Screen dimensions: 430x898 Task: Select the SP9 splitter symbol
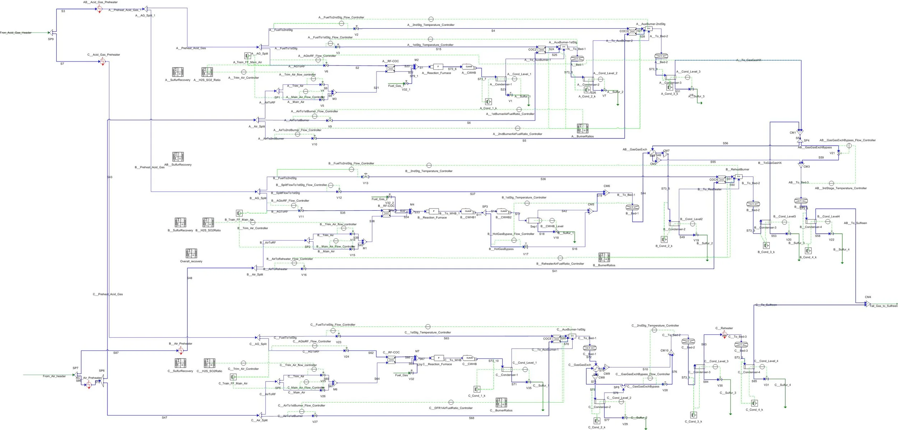(x=51, y=33)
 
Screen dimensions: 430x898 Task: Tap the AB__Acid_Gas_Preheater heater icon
(x=99, y=9)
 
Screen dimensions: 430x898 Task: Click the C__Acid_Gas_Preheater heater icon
(x=102, y=61)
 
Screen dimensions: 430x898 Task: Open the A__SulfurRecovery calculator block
(x=178, y=72)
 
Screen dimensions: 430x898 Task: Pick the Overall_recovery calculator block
(x=191, y=253)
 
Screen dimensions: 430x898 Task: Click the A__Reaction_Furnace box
(x=438, y=67)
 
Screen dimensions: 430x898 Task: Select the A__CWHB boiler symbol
(x=469, y=67)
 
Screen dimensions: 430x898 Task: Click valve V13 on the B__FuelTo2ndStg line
(x=365, y=177)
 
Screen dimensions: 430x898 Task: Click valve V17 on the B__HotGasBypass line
(x=526, y=247)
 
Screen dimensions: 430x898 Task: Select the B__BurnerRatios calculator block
(x=604, y=257)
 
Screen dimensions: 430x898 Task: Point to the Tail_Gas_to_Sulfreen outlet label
(x=883, y=306)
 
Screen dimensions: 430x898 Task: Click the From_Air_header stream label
(x=54, y=376)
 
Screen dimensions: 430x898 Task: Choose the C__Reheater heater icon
(x=724, y=334)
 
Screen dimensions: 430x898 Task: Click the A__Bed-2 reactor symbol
(x=661, y=56)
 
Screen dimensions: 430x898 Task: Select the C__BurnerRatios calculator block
(x=501, y=402)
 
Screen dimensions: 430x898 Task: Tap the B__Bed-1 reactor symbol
(x=632, y=207)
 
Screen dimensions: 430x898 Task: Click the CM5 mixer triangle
(x=590, y=211)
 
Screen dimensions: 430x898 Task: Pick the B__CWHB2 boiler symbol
(x=504, y=211)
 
